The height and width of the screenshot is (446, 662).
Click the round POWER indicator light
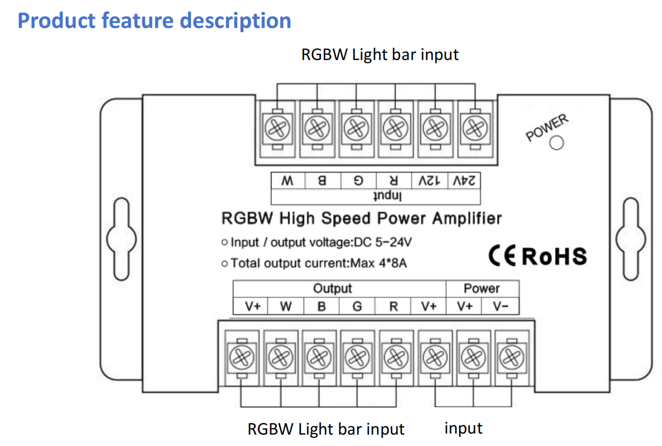[556, 143]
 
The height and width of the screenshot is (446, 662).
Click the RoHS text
[554, 256]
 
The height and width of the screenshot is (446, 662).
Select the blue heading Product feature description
[154, 21]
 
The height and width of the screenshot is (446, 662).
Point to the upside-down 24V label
[463, 181]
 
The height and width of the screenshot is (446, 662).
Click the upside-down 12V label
[428, 181]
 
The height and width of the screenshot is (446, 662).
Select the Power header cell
[482, 288]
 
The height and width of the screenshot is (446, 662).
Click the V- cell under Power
[500, 306]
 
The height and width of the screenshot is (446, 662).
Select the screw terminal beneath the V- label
[511, 356]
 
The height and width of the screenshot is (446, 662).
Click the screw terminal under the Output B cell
[318, 356]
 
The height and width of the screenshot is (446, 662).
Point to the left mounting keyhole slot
[119, 239]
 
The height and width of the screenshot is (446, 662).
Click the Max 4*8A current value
[379, 263]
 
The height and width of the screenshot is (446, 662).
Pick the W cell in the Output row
[285, 306]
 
